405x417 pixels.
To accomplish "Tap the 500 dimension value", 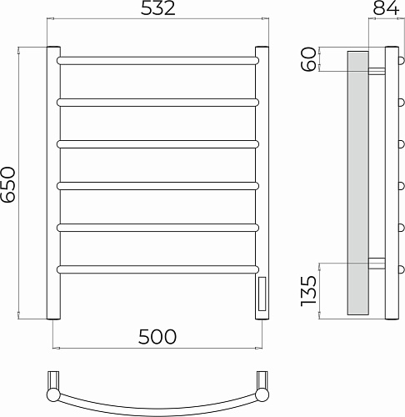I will point(157,336).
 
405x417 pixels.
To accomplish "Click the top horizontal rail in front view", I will point(157,61).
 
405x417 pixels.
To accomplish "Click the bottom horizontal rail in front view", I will point(157,268).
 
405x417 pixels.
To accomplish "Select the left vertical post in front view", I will point(51,183).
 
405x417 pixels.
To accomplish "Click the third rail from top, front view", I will point(157,143).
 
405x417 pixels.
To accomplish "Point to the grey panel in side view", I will point(356,183).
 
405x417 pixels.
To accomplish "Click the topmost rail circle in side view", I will point(401,61).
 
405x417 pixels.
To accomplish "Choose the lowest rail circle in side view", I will point(401,268).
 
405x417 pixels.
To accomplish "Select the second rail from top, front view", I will point(157,102).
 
